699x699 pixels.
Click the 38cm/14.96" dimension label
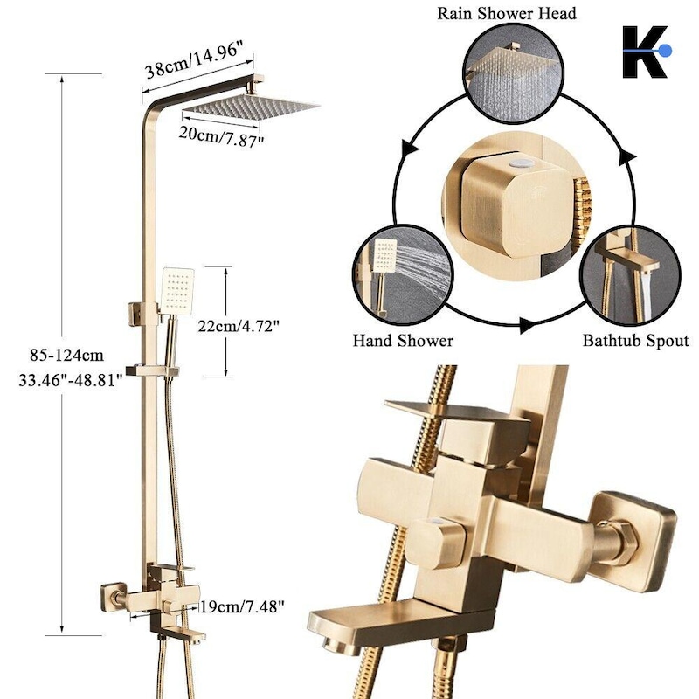tap(195, 60)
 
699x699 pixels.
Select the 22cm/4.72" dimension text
tap(239, 326)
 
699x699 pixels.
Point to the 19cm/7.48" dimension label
tap(242, 606)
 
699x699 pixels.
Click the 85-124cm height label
tap(67, 356)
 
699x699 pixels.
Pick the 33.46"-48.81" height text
tap(71, 380)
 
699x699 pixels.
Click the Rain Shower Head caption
tap(507, 13)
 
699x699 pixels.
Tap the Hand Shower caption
tap(403, 341)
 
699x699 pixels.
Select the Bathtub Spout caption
tap(636, 341)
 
